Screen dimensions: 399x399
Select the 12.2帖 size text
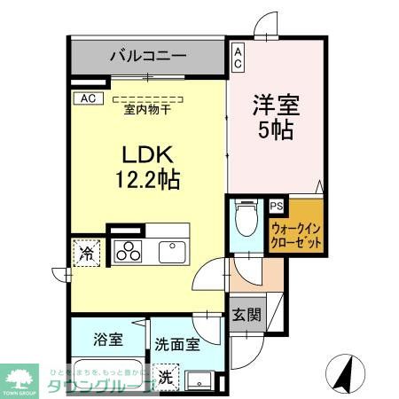[146, 180]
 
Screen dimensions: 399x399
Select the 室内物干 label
[147, 109]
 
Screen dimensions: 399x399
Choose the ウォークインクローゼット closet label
[296, 235]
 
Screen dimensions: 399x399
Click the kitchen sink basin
[172, 251]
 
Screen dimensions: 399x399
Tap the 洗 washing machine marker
[167, 375]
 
